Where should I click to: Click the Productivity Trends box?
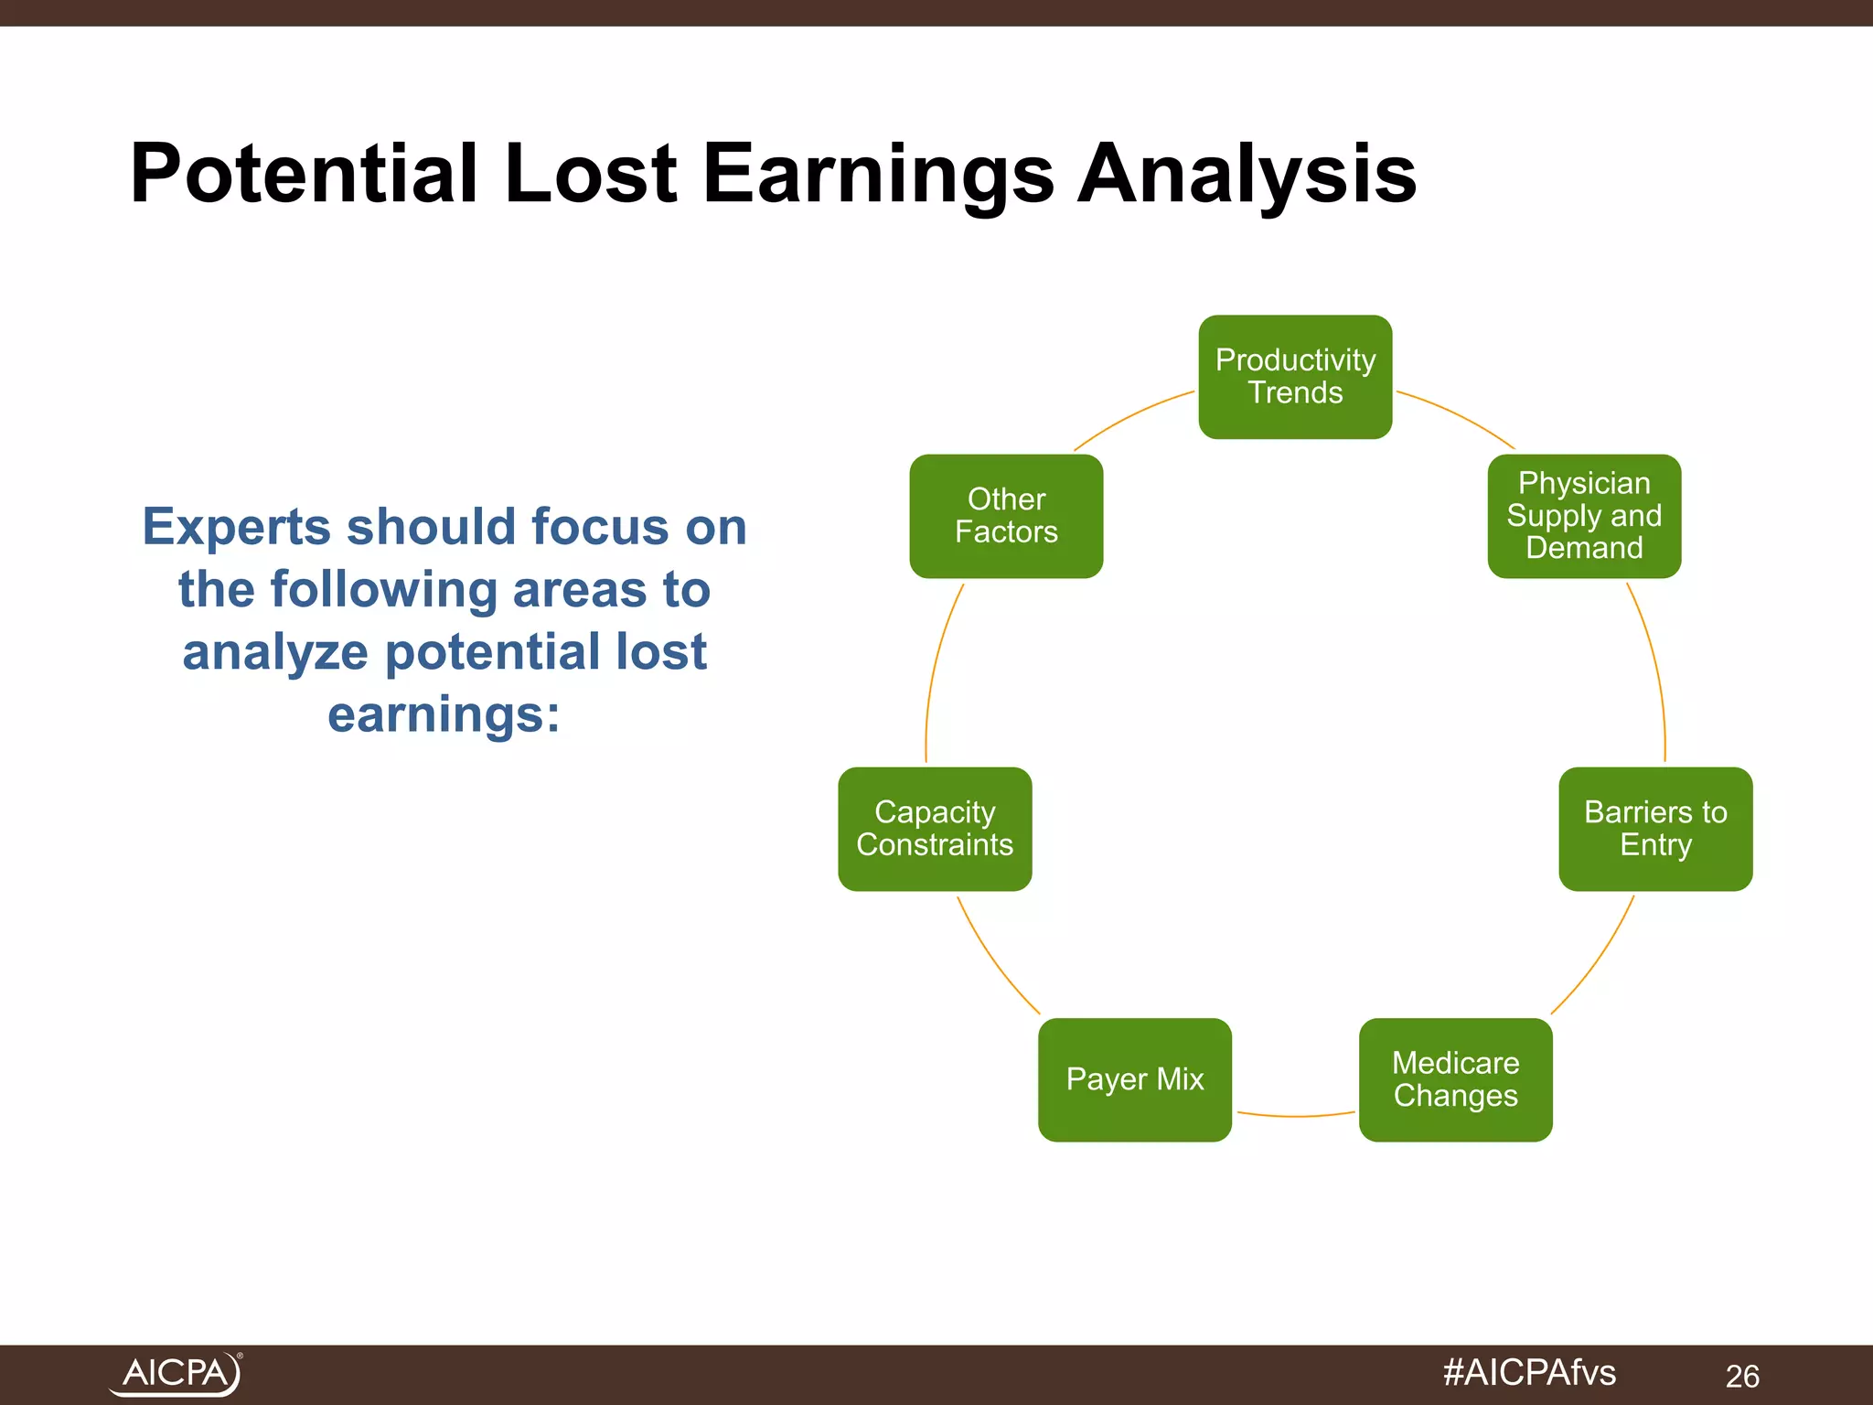[1295, 377]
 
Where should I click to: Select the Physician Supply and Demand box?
[1584, 516]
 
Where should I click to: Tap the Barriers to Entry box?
[1655, 829]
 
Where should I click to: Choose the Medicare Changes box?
[1455, 1079]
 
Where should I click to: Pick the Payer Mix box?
[1135, 1079]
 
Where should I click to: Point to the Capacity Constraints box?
[935, 829]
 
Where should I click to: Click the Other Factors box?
[1006, 516]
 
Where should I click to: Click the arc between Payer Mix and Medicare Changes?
[1295, 1116]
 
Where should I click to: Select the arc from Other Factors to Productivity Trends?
[1132, 417]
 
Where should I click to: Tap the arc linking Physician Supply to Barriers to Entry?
[1654, 668]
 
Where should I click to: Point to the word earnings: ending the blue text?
[444, 715]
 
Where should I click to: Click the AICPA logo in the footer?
[176, 1374]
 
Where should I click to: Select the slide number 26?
[1742, 1376]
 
